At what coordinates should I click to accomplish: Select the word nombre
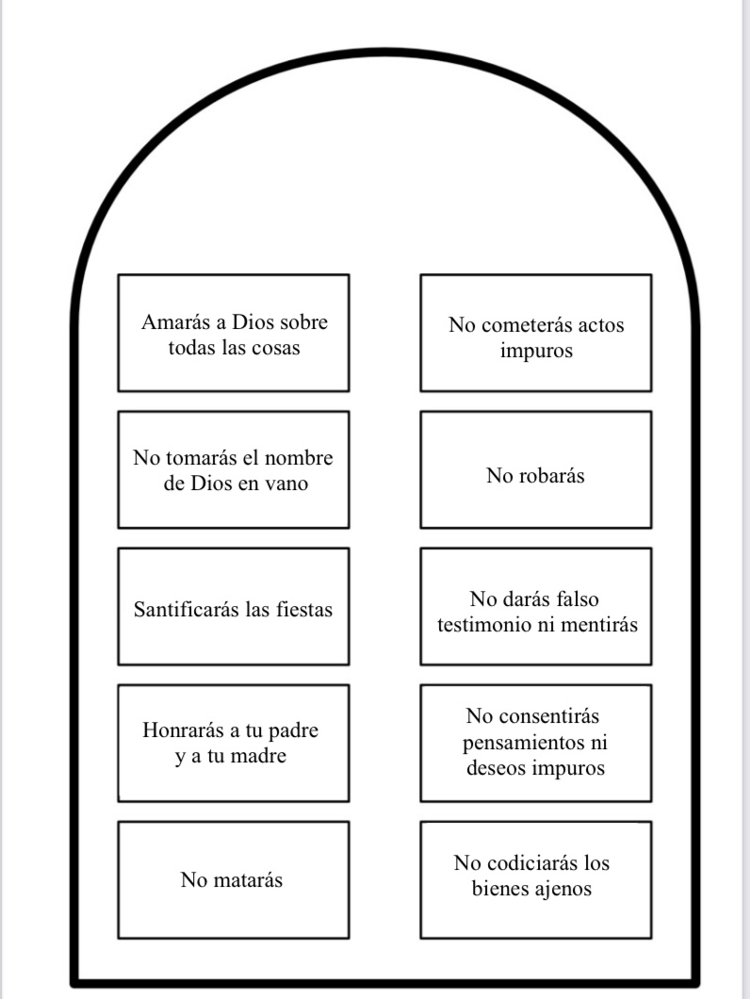(298, 459)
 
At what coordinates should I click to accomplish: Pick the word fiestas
(302, 610)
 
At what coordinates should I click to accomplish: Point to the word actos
(602, 326)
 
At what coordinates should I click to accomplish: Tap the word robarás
(550, 476)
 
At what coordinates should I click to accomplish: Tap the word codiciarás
(535, 863)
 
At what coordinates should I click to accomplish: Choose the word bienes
(502, 888)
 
